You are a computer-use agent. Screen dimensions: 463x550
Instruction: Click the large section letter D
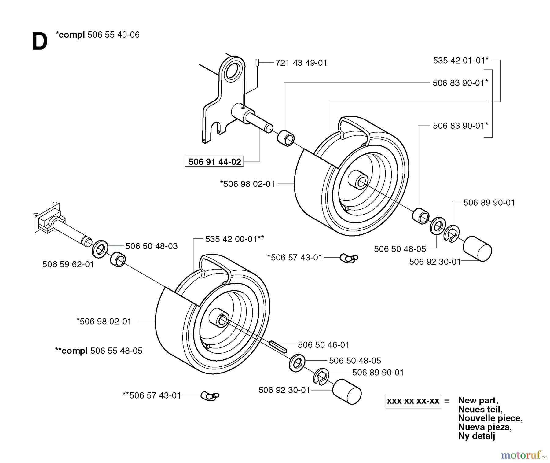(x=40, y=42)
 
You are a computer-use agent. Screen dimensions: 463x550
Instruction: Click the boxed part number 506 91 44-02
(x=215, y=162)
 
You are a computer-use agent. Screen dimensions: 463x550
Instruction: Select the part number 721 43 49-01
(x=301, y=63)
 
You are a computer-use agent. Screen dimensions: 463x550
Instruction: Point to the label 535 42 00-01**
(x=234, y=239)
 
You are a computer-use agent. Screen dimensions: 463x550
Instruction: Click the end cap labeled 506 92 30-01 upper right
(x=477, y=249)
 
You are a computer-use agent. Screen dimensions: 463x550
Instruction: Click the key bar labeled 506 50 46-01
(x=278, y=347)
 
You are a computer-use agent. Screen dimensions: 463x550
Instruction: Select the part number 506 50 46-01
(x=323, y=345)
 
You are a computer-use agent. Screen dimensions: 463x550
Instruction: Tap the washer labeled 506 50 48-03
(x=100, y=249)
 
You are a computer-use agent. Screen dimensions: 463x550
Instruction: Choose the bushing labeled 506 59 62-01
(x=118, y=259)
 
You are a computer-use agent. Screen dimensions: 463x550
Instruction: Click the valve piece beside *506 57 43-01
(x=349, y=258)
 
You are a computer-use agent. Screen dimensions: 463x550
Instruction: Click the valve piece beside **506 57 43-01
(x=210, y=396)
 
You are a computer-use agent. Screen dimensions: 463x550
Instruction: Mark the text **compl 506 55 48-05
(x=99, y=351)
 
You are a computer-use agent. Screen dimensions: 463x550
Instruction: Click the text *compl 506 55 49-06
(x=97, y=35)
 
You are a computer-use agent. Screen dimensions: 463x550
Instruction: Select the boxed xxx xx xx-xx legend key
(x=413, y=401)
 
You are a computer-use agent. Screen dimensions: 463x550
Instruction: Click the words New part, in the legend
(x=478, y=400)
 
